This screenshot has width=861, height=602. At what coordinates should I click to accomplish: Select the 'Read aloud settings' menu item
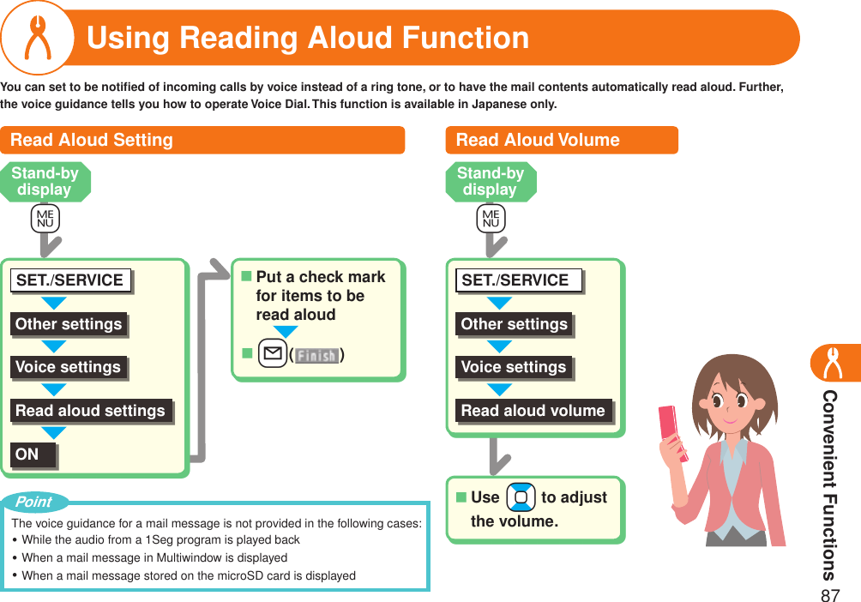(92, 411)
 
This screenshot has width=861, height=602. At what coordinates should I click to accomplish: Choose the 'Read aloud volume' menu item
(533, 411)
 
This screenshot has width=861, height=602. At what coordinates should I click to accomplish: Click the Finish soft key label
(316, 355)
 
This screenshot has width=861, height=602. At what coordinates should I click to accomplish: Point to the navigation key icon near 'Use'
(521, 497)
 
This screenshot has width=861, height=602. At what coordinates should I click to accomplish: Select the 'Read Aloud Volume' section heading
(538, 140)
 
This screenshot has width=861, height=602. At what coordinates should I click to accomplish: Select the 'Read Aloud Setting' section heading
(92, 140)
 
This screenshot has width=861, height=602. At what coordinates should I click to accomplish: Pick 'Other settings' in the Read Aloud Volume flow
(514, 324)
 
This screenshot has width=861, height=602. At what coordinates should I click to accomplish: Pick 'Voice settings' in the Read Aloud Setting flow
(69, 367)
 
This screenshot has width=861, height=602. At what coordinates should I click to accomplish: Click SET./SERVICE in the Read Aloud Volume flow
(515, 280)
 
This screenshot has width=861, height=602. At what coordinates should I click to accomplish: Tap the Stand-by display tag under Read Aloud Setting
(45, 181)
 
